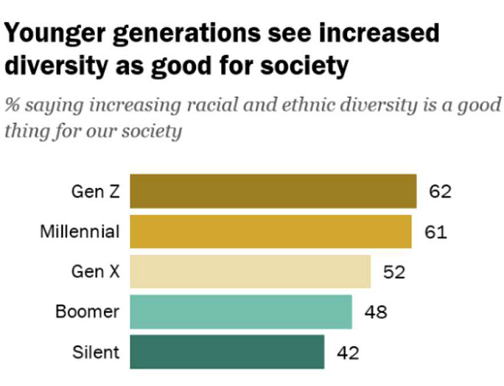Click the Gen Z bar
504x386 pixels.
click(273, 192)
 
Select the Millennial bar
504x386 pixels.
click(270, 232)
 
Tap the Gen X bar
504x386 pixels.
click(250, 272)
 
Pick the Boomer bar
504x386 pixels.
click(240, 312)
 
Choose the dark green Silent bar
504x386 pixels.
click(227, 352)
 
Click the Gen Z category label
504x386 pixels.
click(95, 192)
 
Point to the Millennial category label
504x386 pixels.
click(79, 232)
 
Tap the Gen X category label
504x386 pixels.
click(95, 272)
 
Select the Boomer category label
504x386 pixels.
click(87, 312)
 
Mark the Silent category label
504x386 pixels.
click(96, 352)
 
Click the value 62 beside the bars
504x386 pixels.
click(440, 192)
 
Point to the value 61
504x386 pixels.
click(435, 232)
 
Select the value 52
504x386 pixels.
click(394, 272)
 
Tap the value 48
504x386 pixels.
click(375, 312)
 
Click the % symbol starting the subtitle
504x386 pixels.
click(12, 105)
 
